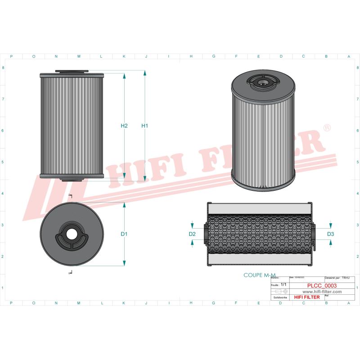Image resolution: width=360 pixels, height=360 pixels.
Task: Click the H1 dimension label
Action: point(144,126)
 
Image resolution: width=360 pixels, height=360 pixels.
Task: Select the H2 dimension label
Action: point(125,126)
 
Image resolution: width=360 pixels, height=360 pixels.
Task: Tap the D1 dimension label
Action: point(125,234)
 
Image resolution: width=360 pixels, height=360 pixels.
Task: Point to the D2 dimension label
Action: point(192,234)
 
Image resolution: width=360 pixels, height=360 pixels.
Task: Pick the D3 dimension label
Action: point(331,234)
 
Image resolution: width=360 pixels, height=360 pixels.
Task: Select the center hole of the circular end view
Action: point(71,234)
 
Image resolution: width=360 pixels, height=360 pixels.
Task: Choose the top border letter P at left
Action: point(11,56)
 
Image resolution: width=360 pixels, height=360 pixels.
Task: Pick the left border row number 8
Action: point(4,68)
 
